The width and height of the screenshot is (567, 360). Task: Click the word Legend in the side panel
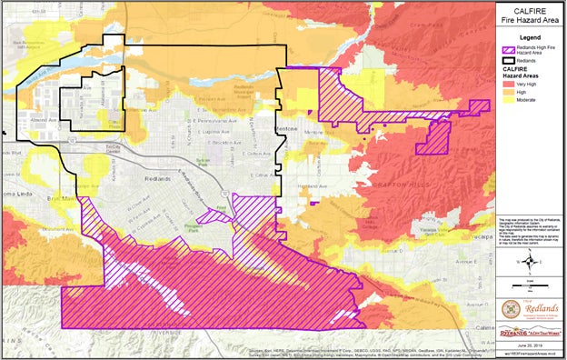pyautogui.click(x=530, y=37)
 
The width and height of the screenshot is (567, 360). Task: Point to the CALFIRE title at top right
pyautogui.click(x=530, y=7)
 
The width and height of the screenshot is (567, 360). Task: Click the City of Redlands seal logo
pyautogui.click(x=530, y=307)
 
